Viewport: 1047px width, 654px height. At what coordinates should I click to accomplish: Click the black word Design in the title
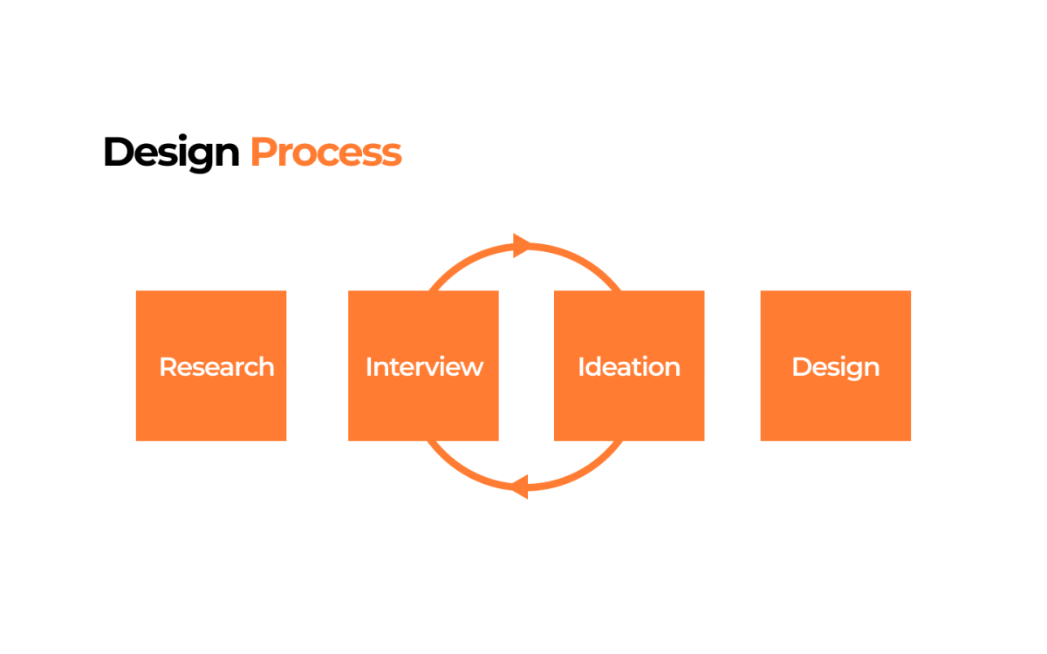[172, 153]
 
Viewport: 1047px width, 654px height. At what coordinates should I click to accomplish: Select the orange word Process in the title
[326, 152]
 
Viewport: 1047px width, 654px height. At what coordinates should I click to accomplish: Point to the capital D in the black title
[119, 152]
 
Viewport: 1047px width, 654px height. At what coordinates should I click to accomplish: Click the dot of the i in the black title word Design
[183, 137]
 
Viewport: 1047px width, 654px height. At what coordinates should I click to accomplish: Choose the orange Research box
[211, 365]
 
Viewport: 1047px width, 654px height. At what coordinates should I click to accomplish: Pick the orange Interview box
[423, 365]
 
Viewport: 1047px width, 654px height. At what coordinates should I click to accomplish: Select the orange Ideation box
[629, 365]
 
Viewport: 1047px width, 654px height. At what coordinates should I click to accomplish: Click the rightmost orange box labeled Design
[836, 365]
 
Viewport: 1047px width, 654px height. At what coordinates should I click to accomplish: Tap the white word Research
[217, 367]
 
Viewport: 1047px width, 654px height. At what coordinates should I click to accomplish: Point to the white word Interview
[424, 367]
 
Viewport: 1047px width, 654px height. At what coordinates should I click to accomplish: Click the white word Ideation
[629, 367]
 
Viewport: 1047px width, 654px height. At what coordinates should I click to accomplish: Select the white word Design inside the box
[836, 368]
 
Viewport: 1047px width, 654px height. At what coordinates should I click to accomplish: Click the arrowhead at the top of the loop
[522, 245]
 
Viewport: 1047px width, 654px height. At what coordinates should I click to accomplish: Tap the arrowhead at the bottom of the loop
[520, 487]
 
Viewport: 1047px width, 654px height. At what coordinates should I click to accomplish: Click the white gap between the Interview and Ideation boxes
[526, 365]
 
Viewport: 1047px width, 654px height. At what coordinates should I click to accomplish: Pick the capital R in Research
[168, 367]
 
